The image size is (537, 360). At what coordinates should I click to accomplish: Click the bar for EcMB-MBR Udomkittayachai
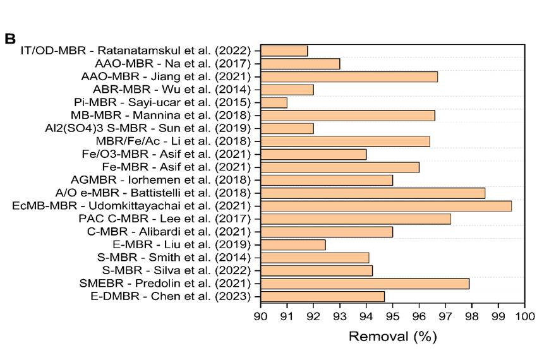[x=386, y=206]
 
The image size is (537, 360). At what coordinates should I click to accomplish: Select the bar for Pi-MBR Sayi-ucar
[x=274, y=102]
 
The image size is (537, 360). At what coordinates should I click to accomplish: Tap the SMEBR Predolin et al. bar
[x=365, y=284]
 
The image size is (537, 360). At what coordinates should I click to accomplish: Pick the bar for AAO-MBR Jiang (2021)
[x=349, y=76]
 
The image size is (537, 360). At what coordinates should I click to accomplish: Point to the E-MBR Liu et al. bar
[x=293, y=245]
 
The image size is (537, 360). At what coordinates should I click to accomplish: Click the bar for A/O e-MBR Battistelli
[x=373, y=193]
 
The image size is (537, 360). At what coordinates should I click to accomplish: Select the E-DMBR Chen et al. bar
[x=322, y=297]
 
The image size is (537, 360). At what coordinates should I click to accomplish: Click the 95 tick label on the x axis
[x=392, y=316]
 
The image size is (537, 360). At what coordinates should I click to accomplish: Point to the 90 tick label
[x=261, y=316]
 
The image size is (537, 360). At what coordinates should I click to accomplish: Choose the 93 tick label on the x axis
[x=340, y=316]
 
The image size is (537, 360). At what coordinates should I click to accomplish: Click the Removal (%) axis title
[x=392, y=337]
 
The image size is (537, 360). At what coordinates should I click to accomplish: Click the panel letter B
[x=10, y=39]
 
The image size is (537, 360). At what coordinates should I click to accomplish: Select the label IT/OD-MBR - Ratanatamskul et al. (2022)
[x=136, y=51]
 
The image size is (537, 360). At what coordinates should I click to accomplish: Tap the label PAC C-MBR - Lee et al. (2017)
[x=165, y=219]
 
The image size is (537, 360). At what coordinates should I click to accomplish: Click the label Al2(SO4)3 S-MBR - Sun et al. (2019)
[x=148, y=128]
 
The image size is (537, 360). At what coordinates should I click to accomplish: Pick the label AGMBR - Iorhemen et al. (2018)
[x=161, y=180]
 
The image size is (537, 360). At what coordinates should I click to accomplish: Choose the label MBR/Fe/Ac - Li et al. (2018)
[x=173, y=141]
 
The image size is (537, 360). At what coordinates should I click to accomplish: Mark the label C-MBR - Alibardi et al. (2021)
[x=169, y=232]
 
